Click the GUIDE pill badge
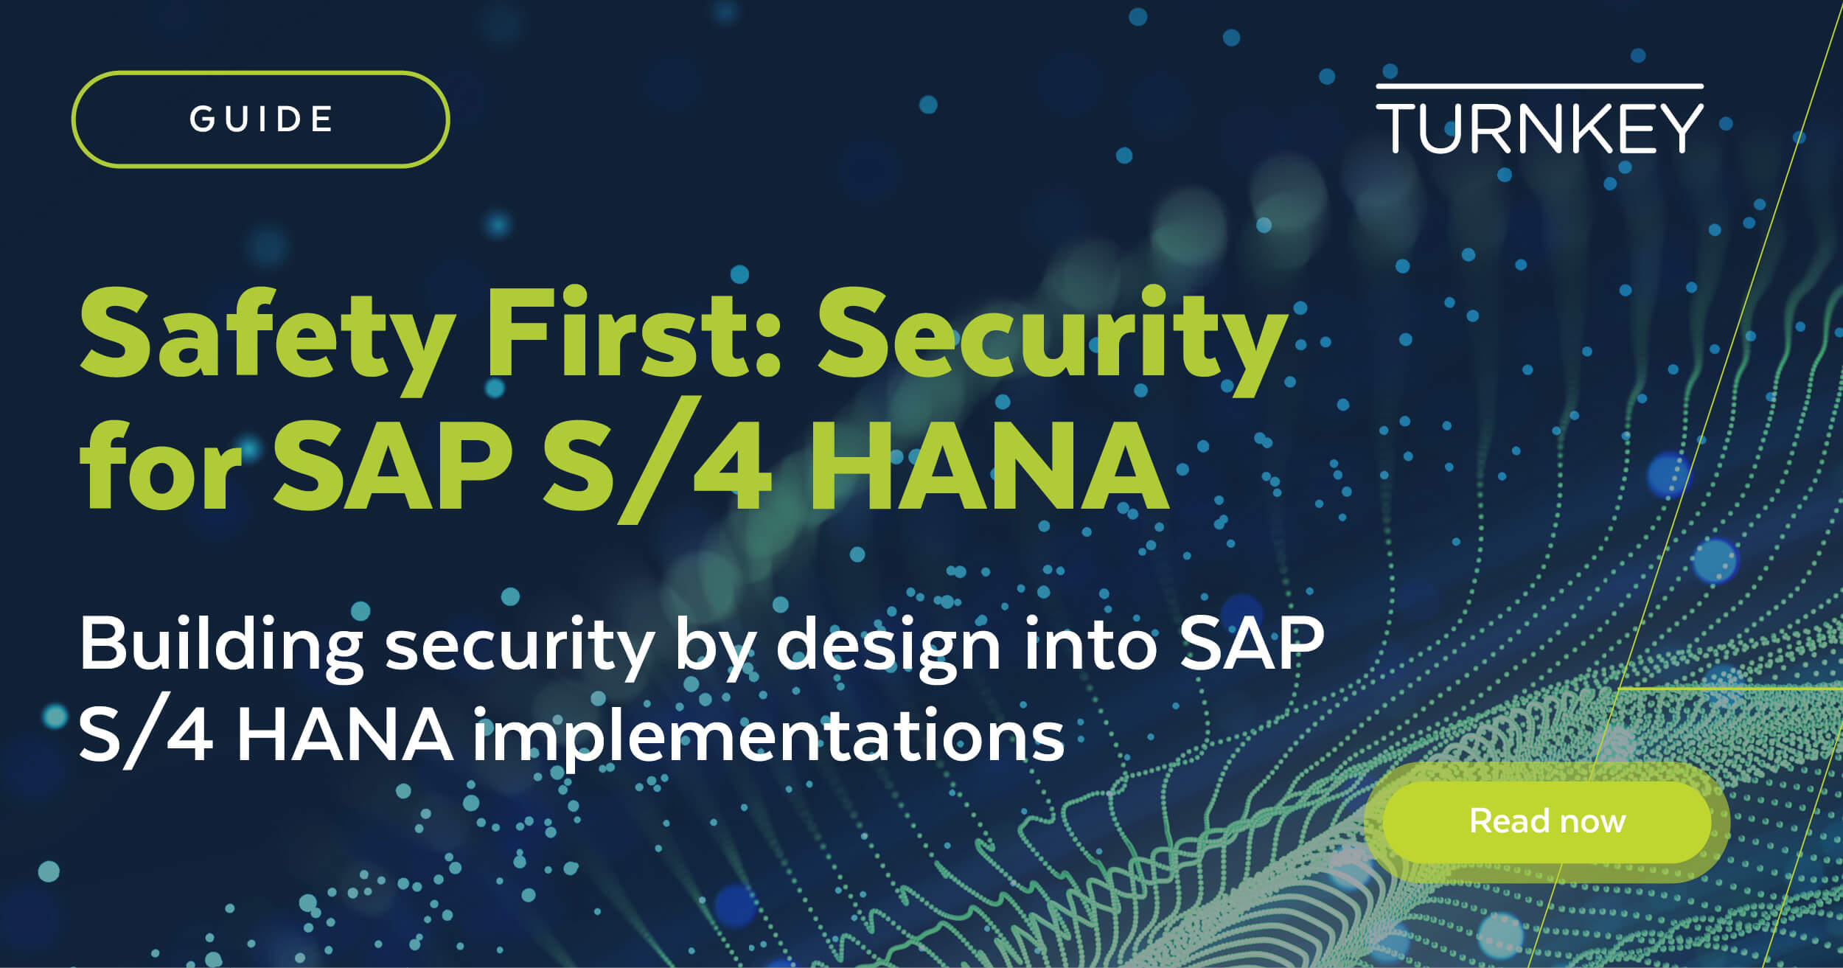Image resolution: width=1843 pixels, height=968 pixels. click(x=260, y=119)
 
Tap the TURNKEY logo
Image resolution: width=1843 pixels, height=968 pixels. click(x=1539, y=119)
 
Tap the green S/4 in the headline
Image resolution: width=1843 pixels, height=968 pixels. click(x=657, y=463)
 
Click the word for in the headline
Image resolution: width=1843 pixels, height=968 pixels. click(x=161, y=463)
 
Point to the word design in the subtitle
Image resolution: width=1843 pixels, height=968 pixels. click(x=888, y=649)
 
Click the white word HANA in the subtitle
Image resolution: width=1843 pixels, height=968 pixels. click(x=345, y=734)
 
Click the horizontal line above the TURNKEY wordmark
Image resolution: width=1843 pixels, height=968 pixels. click(x=1539, y=86)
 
